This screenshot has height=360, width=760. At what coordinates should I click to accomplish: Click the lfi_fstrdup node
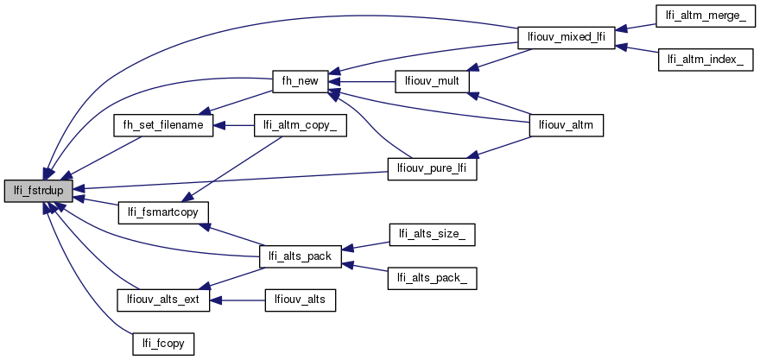point(37,190)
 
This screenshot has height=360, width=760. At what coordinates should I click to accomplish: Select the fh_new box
point(296,81)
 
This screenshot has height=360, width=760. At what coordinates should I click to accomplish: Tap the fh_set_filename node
point(163,125)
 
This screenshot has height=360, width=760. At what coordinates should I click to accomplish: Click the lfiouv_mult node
point(431,81)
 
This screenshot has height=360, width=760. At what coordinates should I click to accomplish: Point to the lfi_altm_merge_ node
point(701,16)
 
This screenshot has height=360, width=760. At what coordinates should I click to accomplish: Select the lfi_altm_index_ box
point(700,60)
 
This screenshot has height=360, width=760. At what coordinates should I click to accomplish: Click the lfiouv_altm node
point(565,125)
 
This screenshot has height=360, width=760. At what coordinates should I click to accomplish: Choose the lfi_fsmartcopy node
point(163,212)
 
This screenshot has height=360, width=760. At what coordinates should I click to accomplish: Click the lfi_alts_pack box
point(300,256)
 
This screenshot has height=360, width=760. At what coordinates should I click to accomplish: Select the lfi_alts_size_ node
point(432,233)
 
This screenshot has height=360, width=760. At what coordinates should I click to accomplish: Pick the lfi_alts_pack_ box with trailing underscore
point(432,277)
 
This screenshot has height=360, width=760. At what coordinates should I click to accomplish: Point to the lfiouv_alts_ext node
point(163,300)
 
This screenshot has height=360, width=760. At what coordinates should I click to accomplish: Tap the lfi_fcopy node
point(163,344)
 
